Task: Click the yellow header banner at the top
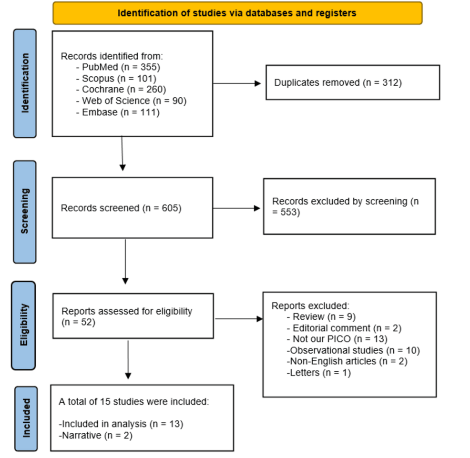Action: pyautogui.click(x=237, y=13)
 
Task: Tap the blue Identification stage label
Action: pyautogui.click(x=25, y=83)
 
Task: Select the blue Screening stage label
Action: pyautogui.click(x=25, y=212)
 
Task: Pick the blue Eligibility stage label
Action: pyautogui.click(x=24, y=325)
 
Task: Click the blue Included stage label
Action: pyautogui.click(x=26, y=418)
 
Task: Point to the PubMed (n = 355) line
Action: pyautogui.click(x=118, y=67)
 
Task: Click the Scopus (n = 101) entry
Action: pyautogui.click(x=116, y=78)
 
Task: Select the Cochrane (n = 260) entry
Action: pyautogui.click(x=121, y=89)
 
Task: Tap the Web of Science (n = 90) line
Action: pyautogui.click(x=131, y=101)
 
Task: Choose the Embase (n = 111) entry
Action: pyautogui.click(x=118, y=112)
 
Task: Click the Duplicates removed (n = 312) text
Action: pyautogui.click(x=338, y=82)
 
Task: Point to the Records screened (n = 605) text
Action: pyautogui.click(x=121, y=208)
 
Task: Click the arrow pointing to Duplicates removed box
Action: pyautogui.click(x=237, y=83)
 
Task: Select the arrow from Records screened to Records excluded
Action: pyautogui.click(x=236, y=208)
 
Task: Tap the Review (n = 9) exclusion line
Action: pyautogui.click(x=321, y=316)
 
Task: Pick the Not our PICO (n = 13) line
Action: pyautogui.click(x=337, y=339)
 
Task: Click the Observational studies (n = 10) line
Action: pyautogui.click(x=353, y=350)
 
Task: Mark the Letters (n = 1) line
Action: pyautogui.click(x=318, y=373)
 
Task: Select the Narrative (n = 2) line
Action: pyautogui.click(x=96, y=435)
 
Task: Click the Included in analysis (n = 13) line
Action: pyautogui.click(x=121, y=424)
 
